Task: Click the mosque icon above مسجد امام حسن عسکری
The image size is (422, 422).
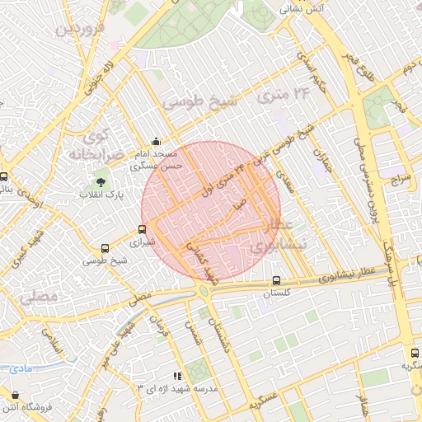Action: tap(157, 141)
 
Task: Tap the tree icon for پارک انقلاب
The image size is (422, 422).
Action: tap(101, 181)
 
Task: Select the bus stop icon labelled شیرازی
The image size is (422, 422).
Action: tap(143, 230)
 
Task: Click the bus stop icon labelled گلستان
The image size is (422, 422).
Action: tap(276, 279)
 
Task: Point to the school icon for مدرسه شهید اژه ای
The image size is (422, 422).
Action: tap(177, 376)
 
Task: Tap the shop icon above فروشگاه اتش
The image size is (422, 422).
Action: tap(16, 394)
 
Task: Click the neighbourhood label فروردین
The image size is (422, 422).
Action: tap(77, 30)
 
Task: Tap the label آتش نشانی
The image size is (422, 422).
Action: tap(302, 9)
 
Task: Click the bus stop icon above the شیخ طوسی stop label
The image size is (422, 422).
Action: tap(105, 248)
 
